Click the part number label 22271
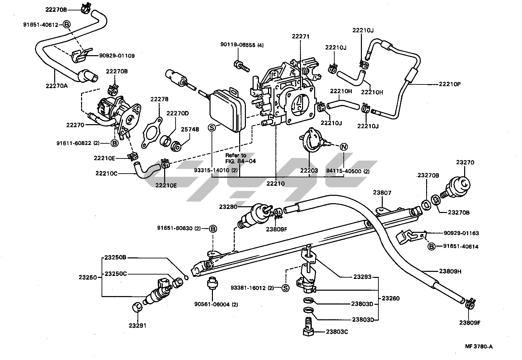[300, 36]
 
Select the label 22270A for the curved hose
[57, 85]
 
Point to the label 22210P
[449, 84]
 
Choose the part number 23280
[228, 207]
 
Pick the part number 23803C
[337, 332]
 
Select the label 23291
[138, 326]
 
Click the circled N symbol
[343, 147]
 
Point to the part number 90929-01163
[461, 233]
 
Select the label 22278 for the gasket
[159, 99]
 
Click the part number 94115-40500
[343, 171]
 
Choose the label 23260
[390, 298]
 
